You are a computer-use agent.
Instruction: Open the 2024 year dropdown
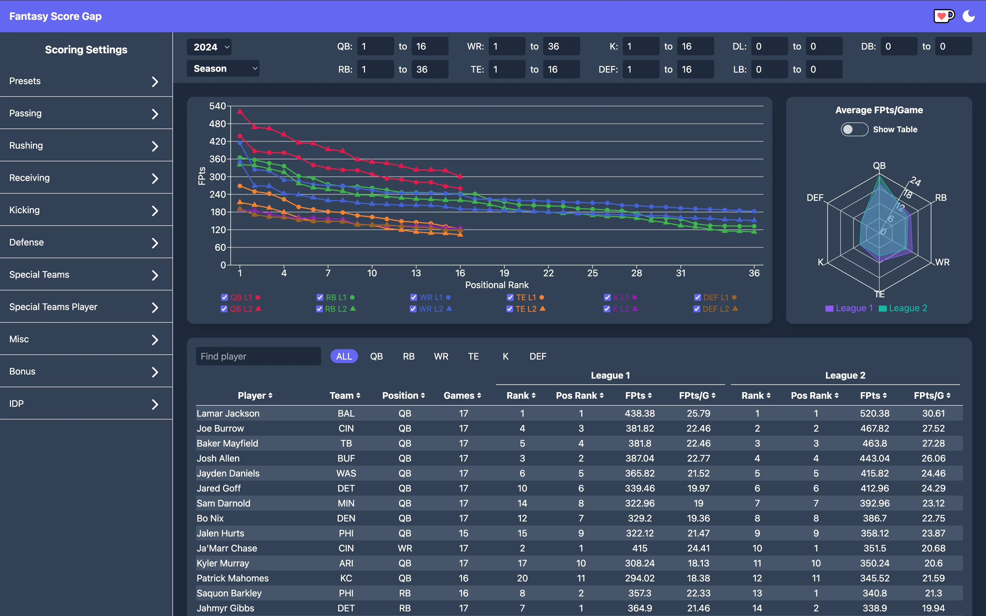click(209, 47)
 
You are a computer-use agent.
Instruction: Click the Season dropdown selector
click(223, 69)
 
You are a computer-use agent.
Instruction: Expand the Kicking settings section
click(86, 210)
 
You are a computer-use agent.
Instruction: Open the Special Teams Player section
click(86, 307)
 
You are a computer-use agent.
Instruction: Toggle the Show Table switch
click(854, 130)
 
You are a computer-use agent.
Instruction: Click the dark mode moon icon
click(968, 16)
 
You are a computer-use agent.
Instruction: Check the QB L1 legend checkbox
click(225, 297)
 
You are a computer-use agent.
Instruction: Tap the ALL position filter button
click(344, 356)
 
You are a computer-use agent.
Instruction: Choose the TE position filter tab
click(473, 356)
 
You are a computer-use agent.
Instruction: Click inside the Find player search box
click(258, 356)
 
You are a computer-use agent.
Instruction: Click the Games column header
click(462, 396)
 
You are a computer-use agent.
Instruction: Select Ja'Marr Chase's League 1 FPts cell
click(639, 548)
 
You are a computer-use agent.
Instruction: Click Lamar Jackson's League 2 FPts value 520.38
click(874, 413)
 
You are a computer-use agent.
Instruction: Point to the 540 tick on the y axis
click(217, 106)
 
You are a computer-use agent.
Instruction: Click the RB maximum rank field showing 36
click(430, 70)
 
